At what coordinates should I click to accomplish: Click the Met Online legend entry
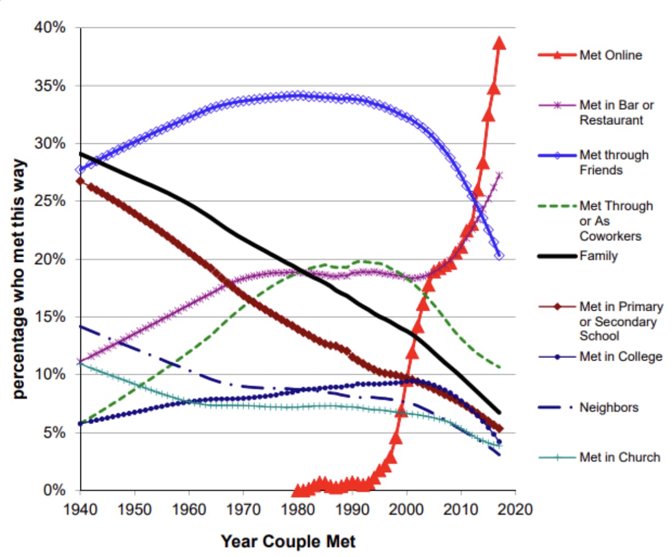click(x=610, y=55)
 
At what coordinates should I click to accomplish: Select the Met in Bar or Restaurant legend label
click(x=616, y=113)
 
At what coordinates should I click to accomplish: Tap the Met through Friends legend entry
click(x=613, y=163)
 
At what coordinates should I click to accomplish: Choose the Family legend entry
click(x=598, y=256)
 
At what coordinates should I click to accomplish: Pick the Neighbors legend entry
click(x=609, y=408)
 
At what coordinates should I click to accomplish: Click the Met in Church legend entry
click(x=619, y=457)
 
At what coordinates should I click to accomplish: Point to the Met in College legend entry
click(x=621, y=357)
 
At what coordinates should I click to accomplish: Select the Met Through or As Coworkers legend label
click(x=616, y=221)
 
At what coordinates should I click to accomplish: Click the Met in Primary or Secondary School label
click(x=621, y=321)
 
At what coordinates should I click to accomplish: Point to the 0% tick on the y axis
click(x=55, y=490)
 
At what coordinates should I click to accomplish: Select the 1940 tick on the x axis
click(x=80, y=510)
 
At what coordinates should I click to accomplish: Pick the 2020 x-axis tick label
click(x=515, y=510)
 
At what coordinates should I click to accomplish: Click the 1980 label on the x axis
click(x=298, y=510)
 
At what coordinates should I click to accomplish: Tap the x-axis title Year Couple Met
click(x=288, y=542)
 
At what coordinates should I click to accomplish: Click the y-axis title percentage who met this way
click(x=19, y=279)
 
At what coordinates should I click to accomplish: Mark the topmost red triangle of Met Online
click(x=499, y=43)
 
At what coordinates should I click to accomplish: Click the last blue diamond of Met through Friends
click(x=499, y=256)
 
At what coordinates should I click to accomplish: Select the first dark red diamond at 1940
click(x=80, y=181)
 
